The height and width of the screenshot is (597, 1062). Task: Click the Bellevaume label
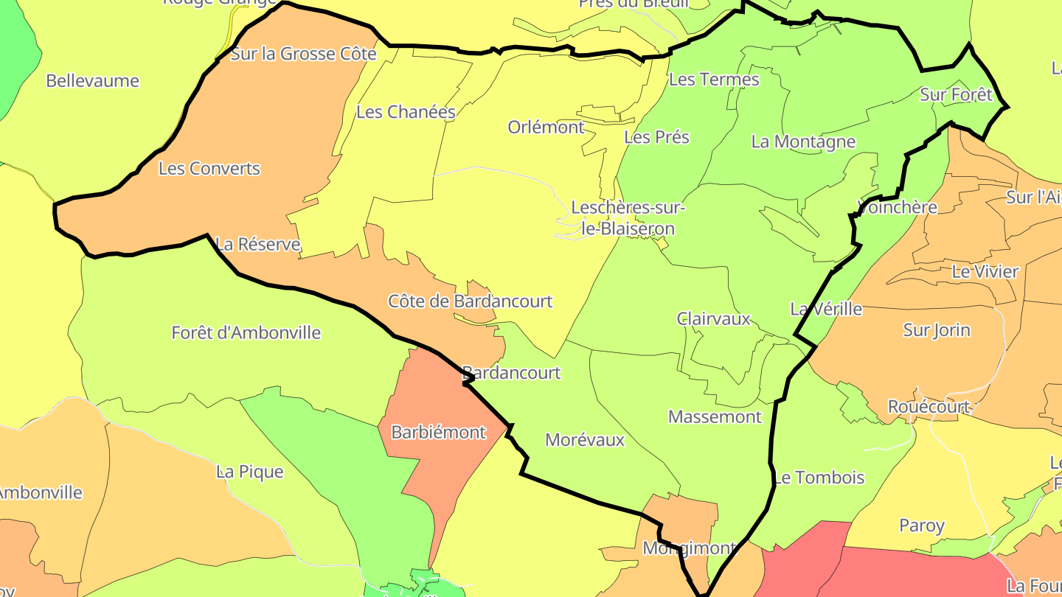[92, 81]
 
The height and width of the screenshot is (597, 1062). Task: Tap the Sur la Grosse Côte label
[304, 54]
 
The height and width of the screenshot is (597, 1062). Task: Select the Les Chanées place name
[406, 112]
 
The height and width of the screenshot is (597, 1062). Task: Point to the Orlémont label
[546, 128]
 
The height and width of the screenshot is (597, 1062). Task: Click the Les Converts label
[209, 169]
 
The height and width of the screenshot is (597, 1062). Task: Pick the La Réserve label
[258, 245]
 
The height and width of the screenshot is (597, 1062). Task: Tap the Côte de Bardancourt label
[471, 301]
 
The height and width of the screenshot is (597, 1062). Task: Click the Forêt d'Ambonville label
[246, 333]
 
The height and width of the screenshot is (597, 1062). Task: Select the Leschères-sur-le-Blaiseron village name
[628, 218]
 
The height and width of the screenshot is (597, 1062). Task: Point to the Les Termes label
[714, 80]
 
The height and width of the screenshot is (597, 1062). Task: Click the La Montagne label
[803, 142]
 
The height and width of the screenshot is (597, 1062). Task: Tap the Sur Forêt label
[956, 95]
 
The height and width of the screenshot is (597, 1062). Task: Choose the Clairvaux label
[714, 319]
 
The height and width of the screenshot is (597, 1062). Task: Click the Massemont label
[715, 417]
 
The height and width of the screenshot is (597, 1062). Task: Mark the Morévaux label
[585, 441]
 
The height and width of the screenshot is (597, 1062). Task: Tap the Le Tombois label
[819, 478]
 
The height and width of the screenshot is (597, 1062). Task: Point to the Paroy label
[922, 526]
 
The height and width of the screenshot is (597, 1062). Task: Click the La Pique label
[250, 472]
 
